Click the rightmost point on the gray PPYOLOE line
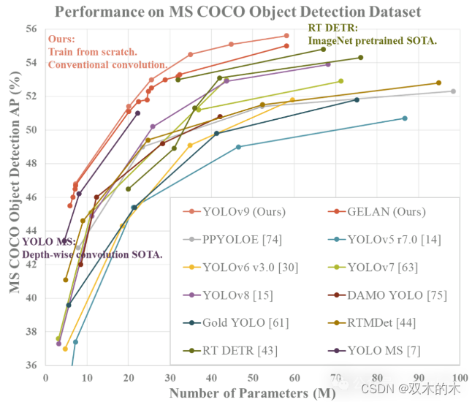pyautogui.click(x=453, y=91)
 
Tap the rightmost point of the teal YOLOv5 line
pyautogui.click(x=405, y=118)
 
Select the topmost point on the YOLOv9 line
pyautogui.click(x=286, y=36)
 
